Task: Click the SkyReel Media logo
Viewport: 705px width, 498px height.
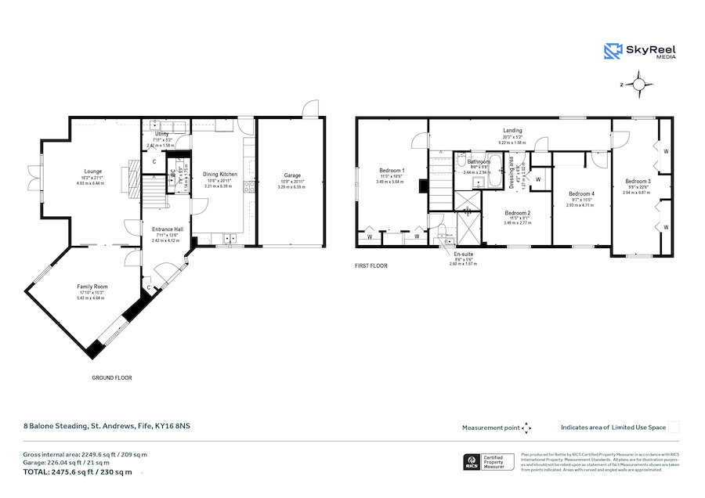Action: click(x=640, y=52)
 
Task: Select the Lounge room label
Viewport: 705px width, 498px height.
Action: click(x=94, y=171)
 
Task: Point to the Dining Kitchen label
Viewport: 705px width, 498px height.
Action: click(x=220, y=174)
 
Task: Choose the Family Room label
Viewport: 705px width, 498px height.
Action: click(x=90, y=287)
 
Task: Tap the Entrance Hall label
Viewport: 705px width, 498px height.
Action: click(x=168, y=229)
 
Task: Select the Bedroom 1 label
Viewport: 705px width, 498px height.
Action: click(x=392, y=170)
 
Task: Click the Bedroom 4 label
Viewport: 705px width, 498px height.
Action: click(x=581, y=193)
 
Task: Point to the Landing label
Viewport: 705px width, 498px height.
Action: click(x=512, y=131)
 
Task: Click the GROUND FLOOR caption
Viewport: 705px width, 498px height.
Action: click(x=112, y=377)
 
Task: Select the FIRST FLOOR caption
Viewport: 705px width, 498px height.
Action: click(x=371, y=265)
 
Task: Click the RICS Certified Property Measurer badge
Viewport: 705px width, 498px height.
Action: click(x=490, y=462)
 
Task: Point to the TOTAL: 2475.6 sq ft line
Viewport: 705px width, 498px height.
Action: click(x=77, y=472)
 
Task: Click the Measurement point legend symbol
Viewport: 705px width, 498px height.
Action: click(x=527, y=428)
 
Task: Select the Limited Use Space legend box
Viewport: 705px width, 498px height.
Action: click(x=674, y=427)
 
